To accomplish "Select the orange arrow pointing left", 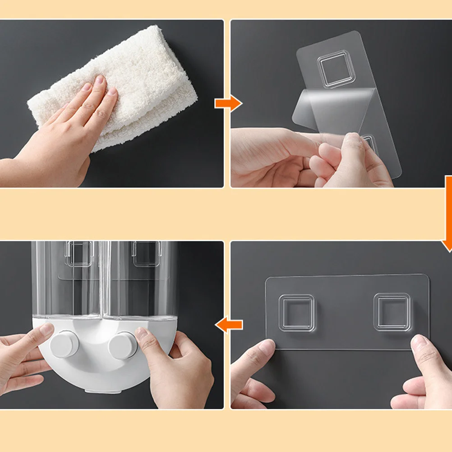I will pos(229,324).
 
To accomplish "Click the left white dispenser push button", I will pos(65,344).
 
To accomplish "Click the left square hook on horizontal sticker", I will pos(296,313).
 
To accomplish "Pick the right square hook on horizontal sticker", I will pos(392,312).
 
